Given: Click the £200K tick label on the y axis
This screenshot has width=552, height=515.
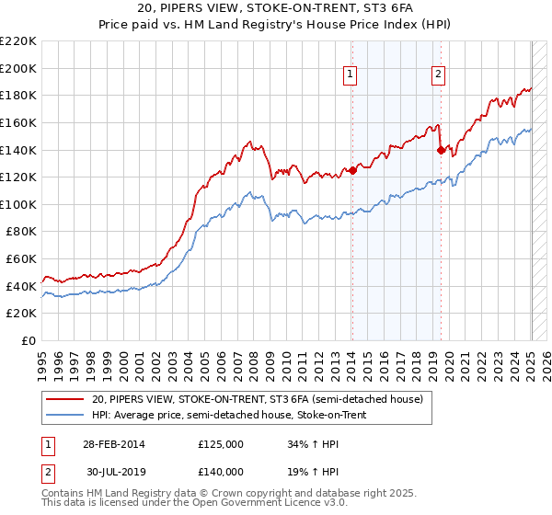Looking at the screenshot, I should (x=19, y=68).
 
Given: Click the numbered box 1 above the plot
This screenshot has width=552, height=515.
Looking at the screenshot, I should (x=351, y=75).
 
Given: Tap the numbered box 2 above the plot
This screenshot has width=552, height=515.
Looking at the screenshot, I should (x=439, y=75).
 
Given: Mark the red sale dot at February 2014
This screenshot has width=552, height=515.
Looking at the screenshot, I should (x=352, y=169).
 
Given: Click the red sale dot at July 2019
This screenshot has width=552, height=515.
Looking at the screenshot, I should (x=441, y=149).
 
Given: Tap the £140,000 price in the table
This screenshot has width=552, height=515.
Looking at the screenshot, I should (x=221, y=471).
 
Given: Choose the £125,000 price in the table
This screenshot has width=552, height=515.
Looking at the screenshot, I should (x=221, y=444).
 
